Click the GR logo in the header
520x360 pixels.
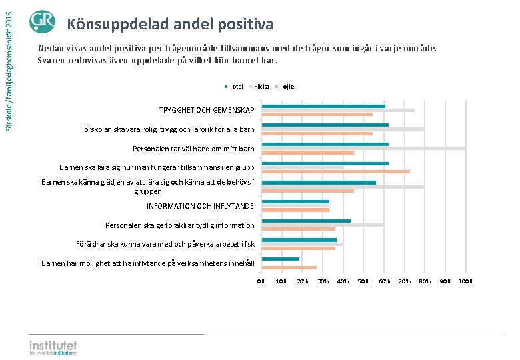(x=42, y=22)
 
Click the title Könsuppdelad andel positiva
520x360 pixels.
(x=170, y=25)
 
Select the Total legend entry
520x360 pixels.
(x=234, y=87)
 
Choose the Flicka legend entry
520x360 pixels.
(x=260, y=87)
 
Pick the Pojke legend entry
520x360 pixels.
(x=286, y=87)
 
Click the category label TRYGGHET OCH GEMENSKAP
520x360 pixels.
(x=207, y=110)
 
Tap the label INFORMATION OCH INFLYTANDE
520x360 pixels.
(x=200, y=206)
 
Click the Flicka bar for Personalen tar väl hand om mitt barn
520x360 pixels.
(x=363, y=148)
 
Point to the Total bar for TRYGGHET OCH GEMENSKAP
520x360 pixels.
(x=323, y=106)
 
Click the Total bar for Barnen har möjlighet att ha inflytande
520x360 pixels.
(x=281, y=259)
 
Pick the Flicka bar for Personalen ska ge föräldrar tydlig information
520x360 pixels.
(x=323, y=225)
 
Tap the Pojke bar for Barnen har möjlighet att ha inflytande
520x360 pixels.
(x=289, y=267)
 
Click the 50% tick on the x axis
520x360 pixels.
(x=363, y=281)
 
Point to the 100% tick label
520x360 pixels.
(x=466, y=281)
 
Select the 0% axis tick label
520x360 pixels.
(x=261, y=281)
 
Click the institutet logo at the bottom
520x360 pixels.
(x=53, y=348)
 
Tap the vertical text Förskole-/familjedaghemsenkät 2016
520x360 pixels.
(x=8, y=65)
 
